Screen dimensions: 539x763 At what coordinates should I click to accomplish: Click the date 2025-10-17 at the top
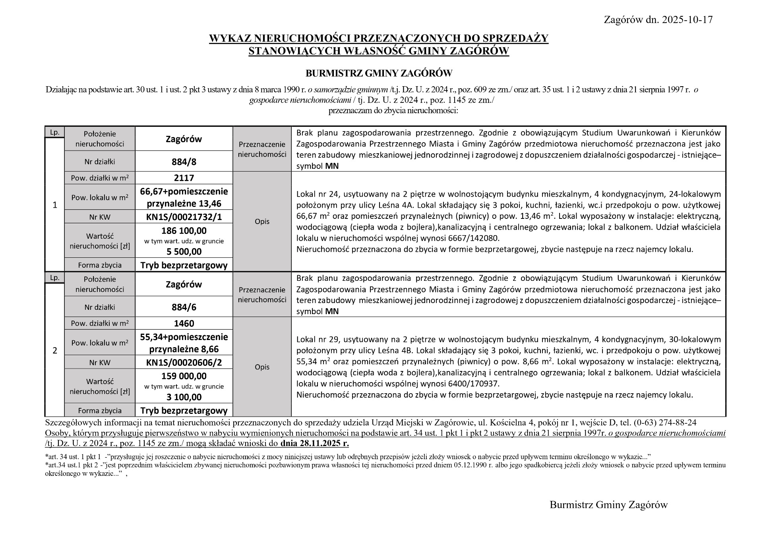pyautogui.click(x=687, y=20)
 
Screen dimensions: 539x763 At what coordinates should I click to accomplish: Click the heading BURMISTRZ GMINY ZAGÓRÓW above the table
pyautogui.click(x=379, y=73)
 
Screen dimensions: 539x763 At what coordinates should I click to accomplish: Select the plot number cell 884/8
pyautogui.click(x=184, y=162)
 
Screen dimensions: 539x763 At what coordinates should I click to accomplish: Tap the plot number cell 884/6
pyautogui.click(x=184, y=307)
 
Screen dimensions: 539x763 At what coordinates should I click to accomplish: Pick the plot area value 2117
pyautogui.click(x=184, y=178)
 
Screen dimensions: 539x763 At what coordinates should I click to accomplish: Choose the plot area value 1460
pyautogui.click(x=184, y=323)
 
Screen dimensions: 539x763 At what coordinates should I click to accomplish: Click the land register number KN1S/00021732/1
pyautogui.click(x=184, y=217)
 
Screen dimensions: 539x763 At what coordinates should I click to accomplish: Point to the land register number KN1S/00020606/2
pyautogui.click(x=184, y=362)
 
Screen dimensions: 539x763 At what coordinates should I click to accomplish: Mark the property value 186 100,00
pyautogui.click(x=184, y=231)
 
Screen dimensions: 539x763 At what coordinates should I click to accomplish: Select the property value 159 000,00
pyautogui.click(x=184, y=376)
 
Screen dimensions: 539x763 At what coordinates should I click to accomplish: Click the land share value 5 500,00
pyautogui.click(x=184, y=251)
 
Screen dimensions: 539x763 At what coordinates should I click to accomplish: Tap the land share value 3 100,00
pyautogui.click(x=184, y=397)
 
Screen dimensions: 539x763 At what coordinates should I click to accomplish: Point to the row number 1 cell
pyautogui.click(x=55, y=205)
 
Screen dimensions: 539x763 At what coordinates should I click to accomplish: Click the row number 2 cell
pyautogui.click(x=55, y=350)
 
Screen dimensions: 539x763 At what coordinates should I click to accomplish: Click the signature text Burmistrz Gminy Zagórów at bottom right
pyautogui.click(x=608, y=505)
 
